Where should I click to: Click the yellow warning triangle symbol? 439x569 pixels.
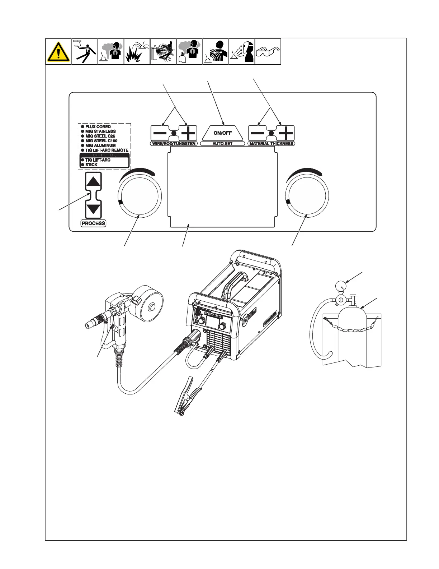click(58, 52)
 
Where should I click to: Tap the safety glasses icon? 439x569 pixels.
click(268, 52)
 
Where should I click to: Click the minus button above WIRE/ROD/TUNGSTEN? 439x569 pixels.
click(160, 133)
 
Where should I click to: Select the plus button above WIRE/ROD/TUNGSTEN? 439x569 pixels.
click(188, 133)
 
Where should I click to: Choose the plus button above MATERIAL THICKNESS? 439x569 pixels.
click(286, 133)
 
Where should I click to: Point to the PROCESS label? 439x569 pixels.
click(93, 223)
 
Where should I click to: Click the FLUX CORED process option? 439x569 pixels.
click(98, 127)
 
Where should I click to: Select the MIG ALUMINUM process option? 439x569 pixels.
click(100, 145)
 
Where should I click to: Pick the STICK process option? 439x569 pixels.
click(91, 165)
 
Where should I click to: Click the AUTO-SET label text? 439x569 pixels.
click(222, 144)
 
